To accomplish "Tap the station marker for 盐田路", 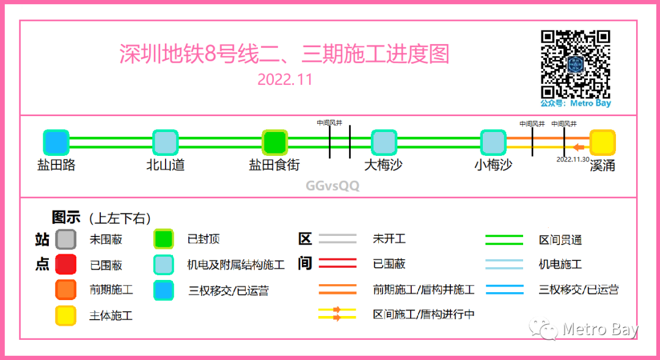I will coord(56,142).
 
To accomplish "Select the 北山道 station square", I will coord(165,142).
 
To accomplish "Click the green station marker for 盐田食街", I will coord(274,142).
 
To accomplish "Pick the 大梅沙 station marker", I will coord(384,142).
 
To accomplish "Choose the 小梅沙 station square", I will coord(493,142).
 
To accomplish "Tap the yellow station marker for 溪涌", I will coord(602,142).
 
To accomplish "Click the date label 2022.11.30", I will coord(573,159).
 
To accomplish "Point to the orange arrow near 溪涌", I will coord(578,147).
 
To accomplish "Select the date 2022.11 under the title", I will coord(285,80).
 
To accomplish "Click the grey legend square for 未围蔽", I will coord(65,239).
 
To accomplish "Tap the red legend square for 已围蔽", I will coord(65,265).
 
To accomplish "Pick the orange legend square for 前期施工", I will coord(65,290).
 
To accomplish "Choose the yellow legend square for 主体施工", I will coord(65,315).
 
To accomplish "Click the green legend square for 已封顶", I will coord(164,239).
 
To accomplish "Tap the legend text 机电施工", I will coord(560,265).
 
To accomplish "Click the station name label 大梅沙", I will coord(383,165).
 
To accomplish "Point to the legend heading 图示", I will coord(66,218).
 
